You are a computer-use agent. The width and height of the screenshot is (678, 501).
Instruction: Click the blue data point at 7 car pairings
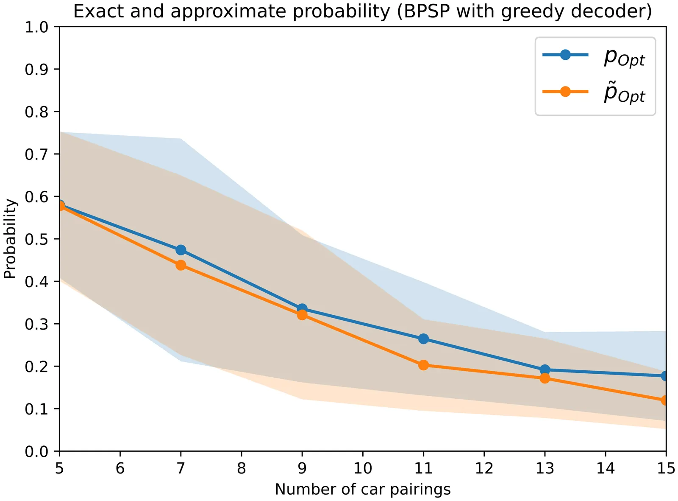click(181, 250)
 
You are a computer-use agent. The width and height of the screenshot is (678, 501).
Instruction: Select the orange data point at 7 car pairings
click(181, 265)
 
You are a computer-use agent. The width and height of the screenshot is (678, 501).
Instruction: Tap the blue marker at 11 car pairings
click(423, 339)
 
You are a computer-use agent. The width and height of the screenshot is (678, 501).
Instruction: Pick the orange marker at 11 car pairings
click(423, 365)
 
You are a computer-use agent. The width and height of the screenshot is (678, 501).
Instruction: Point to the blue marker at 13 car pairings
click(545, 369)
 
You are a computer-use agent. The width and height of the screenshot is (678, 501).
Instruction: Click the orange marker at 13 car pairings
click(545, 378)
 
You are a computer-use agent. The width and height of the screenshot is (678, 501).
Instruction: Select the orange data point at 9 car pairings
click(302, 315)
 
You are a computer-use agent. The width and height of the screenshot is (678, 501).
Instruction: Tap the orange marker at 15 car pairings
click(665, 400)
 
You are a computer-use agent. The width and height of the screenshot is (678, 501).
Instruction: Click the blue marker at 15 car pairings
click(665, 376)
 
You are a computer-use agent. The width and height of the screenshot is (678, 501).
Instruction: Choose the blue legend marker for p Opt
click(565, 55)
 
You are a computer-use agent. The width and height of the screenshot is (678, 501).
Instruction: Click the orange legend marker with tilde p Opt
click(565, 91)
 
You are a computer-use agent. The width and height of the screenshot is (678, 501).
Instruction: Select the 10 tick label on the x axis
click(363, 468)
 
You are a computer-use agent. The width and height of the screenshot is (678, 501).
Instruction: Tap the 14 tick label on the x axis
click(605, 468)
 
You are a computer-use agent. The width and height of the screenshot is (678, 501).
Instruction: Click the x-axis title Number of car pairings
click(363, 489)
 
